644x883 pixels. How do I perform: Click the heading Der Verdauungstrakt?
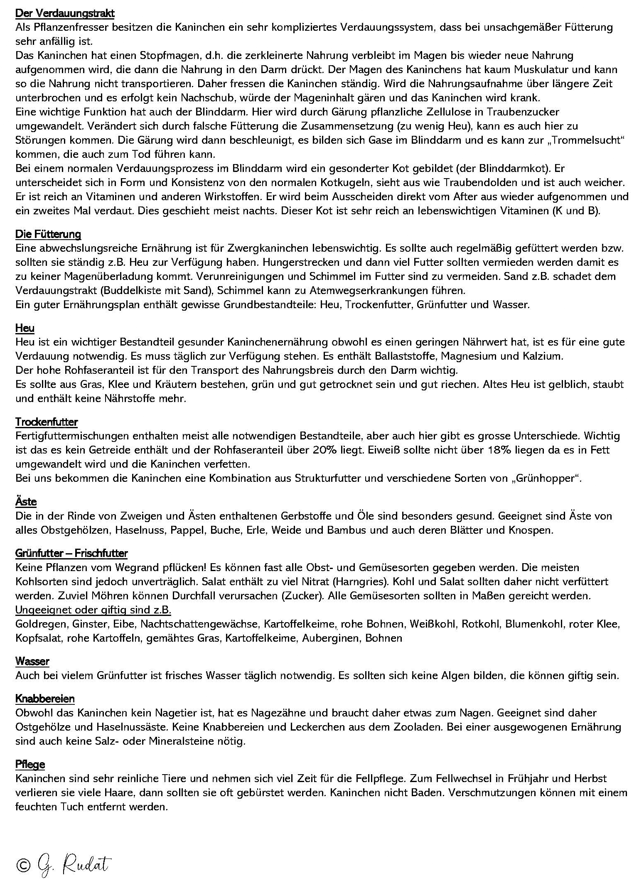(x=65, y=13)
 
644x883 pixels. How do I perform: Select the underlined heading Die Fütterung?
(x=48, y=234)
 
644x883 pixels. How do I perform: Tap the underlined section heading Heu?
(x=25, y=328)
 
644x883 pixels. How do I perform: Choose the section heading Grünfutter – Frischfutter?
(x=71, y=553)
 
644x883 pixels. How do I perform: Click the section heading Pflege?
(x=30, y=764)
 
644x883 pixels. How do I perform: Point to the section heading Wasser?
(x=32, y=661)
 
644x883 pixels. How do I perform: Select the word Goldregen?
(x=41, y=624)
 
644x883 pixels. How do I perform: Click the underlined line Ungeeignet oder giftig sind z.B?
(x=93, y=610)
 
